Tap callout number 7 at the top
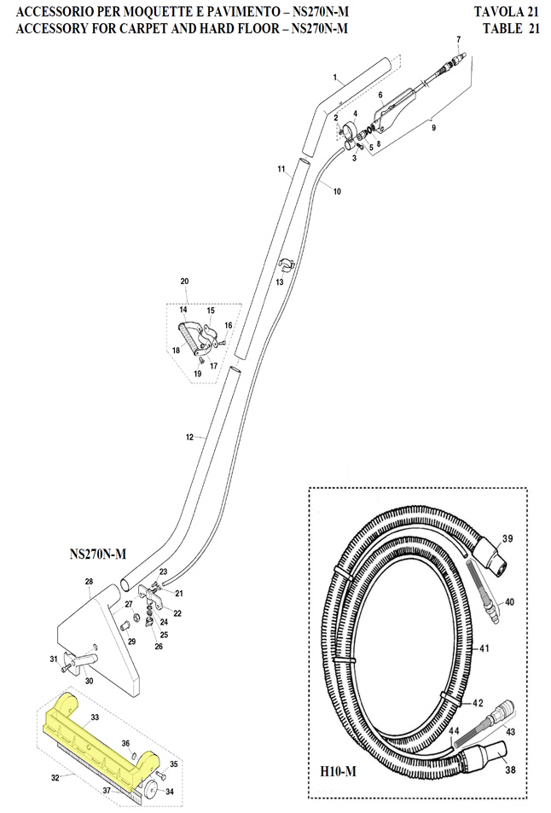(458, 39)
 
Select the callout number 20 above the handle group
(184, 282)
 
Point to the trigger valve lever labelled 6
(394, 110)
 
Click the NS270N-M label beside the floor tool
(98, 555)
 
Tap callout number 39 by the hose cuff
(507, 538)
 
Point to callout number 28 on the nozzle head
(89, 582)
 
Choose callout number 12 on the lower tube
(189, 438)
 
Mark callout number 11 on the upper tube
(281, 169)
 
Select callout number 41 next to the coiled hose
(484, 648)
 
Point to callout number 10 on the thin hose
(338, 191)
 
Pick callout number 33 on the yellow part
(95, 717)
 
